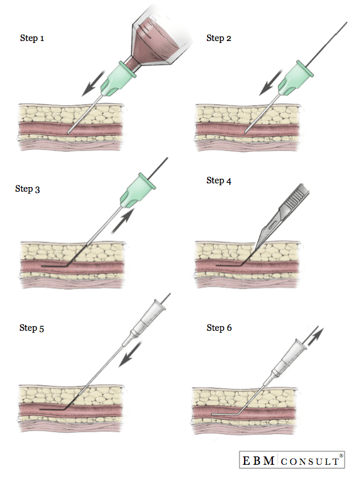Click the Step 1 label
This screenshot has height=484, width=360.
click(32, 38)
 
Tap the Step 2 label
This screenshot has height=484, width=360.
click(218, 38)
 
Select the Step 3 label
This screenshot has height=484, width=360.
click(28, 189)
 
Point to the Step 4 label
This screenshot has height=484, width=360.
click(218, 181)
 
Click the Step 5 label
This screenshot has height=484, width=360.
click(32, 328)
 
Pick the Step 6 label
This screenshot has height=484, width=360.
click(219, 328)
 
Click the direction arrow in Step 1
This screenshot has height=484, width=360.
click(94, 83)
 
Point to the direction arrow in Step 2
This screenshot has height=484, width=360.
click(270, 83)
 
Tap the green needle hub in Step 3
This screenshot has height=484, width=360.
click(138, 190)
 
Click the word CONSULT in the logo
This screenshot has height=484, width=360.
click(310, 461)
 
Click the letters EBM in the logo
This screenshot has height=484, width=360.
click(259, 460)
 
